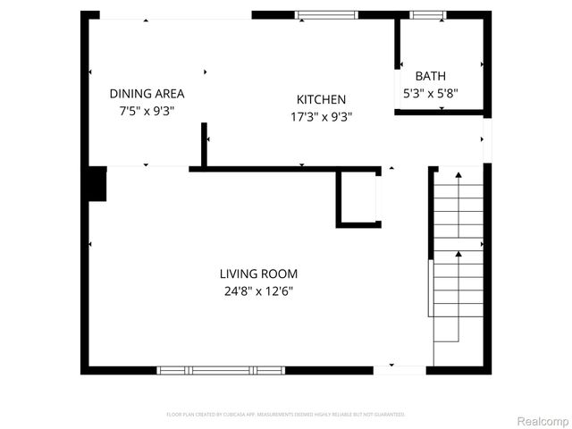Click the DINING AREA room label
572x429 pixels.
point(147,93)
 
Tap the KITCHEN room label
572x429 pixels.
point(321,99)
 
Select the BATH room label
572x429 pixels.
point(430,77)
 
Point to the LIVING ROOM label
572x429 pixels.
point(258,273)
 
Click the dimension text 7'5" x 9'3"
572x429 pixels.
point(147,111)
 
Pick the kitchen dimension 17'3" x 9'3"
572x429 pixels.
point(321,116)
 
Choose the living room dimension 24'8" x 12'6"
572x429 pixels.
point(258,290)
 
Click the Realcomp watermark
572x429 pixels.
point(543,420)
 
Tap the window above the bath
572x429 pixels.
point(425,14)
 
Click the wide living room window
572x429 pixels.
point(220,369)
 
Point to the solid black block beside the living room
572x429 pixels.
point(97,184)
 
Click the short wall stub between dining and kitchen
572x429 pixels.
point(204,146)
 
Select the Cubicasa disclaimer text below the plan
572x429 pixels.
point(286,415)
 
